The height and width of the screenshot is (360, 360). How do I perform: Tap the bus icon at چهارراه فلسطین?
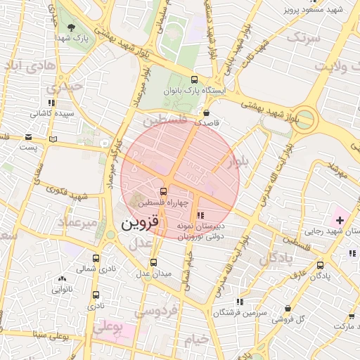point(164,191)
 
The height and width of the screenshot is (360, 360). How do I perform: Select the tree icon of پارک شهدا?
point(72,27)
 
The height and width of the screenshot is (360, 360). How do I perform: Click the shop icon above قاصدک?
point(207,112)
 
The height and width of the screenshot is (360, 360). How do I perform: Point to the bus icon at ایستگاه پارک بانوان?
point(195,80)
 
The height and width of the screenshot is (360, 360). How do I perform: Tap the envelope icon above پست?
point(28,136)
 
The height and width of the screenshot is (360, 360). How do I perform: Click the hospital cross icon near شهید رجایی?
point(340,220)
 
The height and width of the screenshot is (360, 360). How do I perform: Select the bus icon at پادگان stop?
point(321,265)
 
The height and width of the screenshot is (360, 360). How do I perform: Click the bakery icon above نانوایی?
point(62,278)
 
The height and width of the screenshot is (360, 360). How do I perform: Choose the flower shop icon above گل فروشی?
point(288,308)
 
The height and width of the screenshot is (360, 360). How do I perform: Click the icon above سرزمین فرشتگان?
point(240,301)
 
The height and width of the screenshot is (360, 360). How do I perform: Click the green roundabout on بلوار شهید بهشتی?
point(305,119)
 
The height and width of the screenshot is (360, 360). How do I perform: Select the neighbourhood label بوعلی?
point(108,328)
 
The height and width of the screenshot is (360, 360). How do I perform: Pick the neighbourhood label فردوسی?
point(159,310)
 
